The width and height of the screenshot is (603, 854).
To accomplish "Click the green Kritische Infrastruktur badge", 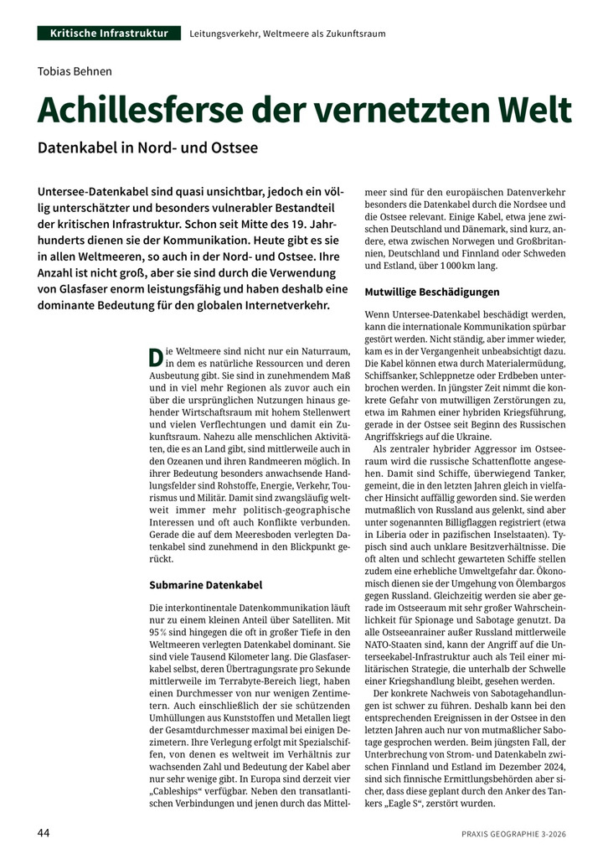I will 109,34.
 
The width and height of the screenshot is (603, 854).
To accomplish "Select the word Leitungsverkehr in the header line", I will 224,34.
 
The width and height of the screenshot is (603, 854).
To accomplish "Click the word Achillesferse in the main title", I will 156,110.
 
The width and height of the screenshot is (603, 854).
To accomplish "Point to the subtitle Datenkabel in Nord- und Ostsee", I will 147,148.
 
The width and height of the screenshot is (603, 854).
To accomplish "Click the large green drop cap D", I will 156,356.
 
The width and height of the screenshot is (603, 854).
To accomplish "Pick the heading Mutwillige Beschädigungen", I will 432,292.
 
